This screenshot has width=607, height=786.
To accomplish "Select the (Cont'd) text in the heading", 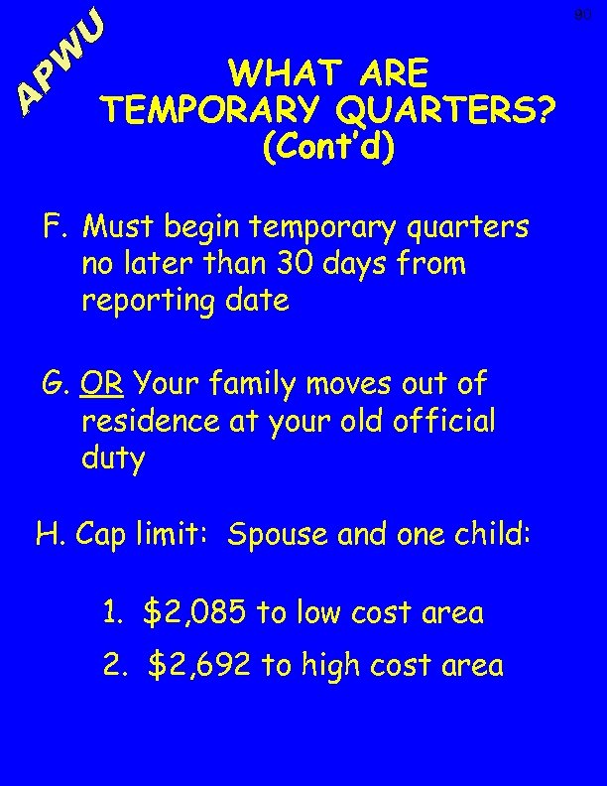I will pyautogui.click(x=327, y=147).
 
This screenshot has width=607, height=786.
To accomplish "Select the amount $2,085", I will pyautogui.click(x=195, y=613).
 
